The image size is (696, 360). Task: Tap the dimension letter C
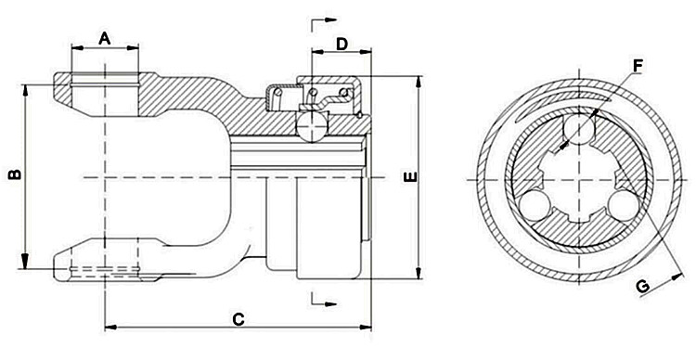pos(238,319)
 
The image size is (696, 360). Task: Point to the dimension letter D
pos(341,44)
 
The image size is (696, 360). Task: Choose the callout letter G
pos(641,287)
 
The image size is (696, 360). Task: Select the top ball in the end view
pos(579,127)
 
